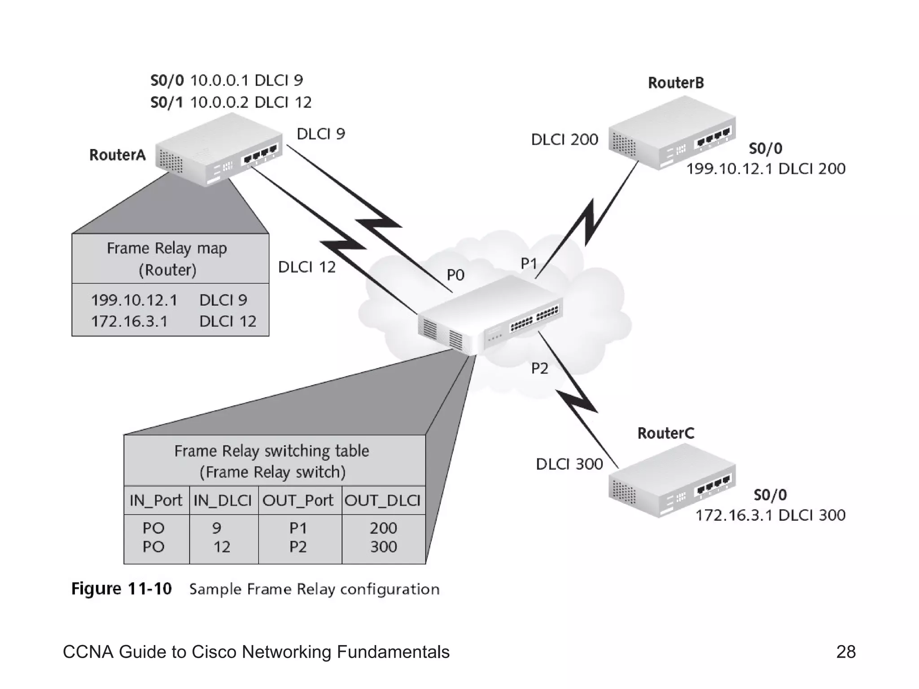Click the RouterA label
tap(118, 155)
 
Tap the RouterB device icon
tap(672, 134)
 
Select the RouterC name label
tap(665, 433)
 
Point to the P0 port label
tap(455, 275)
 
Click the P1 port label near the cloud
tap(529, 264)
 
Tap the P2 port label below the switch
tap(539, 369)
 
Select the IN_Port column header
tap(156, 500)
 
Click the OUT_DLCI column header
tap(382, 500)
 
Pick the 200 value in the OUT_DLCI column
tap(383, 528)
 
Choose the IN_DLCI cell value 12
tap(222, 547)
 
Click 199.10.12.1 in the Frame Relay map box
tap(134, 300)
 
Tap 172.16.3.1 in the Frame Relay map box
tap(129, 322)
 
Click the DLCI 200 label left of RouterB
tap(564, 140)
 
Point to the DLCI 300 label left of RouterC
tap(569, 464)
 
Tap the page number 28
tap(845, 652)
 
